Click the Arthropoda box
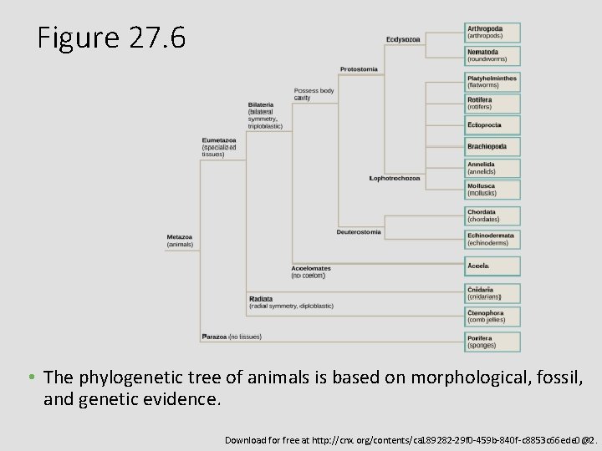pos(492,33)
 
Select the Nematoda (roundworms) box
pos(492,56)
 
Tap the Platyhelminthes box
pos(492,81)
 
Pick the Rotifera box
pos(492,104)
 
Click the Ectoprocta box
pos(492,125)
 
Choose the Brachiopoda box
pos(492,146)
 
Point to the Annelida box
pos(492,168)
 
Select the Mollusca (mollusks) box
pos(492,190)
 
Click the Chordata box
pos(492,215)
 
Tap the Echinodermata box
pos(492,239)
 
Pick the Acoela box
pos(492,266)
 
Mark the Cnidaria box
pos(492,293)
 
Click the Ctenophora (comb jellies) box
pos(492,317)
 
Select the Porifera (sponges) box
pos(492,342)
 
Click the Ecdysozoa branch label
pos(403,39)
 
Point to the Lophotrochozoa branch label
pos(395,178)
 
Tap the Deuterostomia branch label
pos(359,231)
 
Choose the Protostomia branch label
pos(359,68)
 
